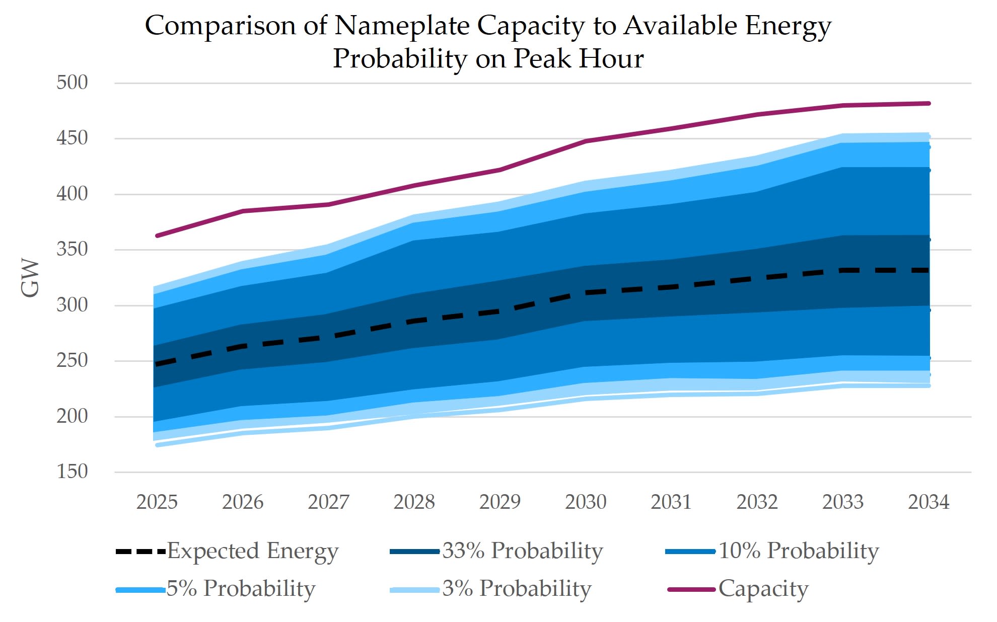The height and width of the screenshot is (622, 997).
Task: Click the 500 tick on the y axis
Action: coord(72,83)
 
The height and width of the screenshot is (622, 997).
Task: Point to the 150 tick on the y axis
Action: coord(72,472)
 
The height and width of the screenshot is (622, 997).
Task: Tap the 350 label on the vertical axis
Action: coord(72,249)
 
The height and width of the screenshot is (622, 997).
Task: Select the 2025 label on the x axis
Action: coord(157,502)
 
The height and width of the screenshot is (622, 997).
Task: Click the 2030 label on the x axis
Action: coord(586,502)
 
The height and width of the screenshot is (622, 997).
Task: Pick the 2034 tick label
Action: coord(929,502)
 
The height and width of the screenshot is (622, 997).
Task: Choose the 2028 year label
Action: coord(414,502)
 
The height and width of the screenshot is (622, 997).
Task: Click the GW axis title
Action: coord(30,278)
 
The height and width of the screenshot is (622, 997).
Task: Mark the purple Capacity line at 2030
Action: coord(586,141)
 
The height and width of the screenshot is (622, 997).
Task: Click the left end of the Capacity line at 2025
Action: coord(158,236)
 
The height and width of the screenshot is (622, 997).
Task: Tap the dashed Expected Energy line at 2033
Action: coord(843,271)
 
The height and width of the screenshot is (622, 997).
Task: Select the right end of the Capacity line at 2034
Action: coord(929,104)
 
